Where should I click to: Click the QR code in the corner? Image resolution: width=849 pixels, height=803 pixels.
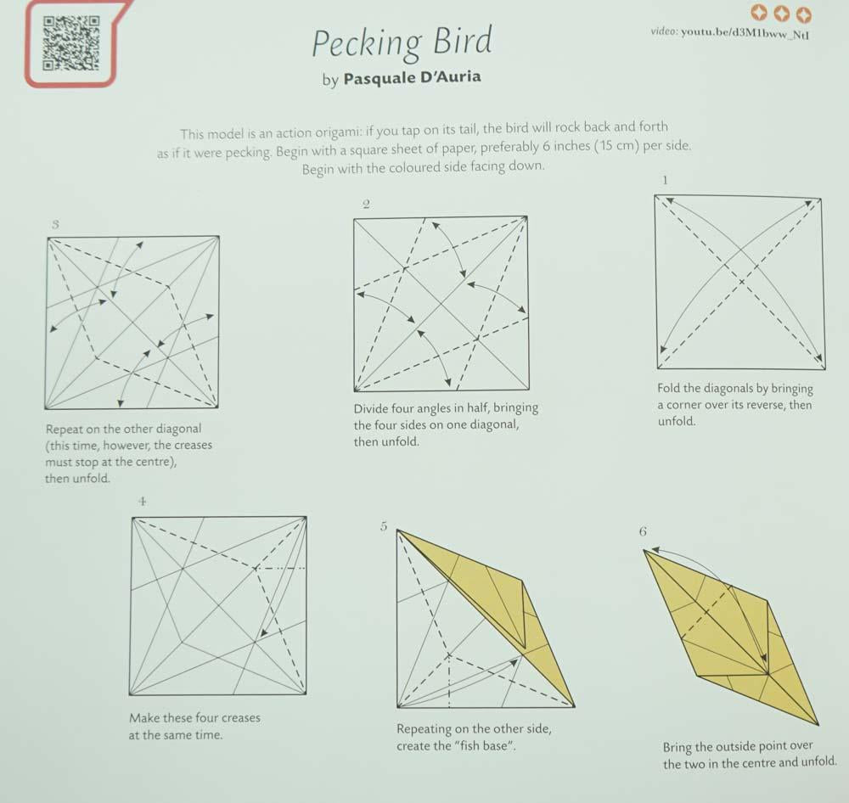point(70,43)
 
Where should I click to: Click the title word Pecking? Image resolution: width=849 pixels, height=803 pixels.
point(366,43)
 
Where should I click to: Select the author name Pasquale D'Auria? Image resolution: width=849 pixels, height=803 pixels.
point(412,78)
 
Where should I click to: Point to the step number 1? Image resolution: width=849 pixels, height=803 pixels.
point(665,179)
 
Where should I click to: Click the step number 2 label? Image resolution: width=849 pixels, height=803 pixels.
point(365,204)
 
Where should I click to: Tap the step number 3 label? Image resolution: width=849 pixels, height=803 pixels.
point(55,225)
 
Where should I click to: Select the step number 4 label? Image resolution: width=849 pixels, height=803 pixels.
point(142,502)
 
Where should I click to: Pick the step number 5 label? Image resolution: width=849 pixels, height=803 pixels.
point(384,527)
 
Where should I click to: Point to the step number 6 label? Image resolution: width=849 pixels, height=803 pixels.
point(643,531)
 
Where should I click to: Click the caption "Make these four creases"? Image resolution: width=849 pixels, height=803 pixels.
point(194,717)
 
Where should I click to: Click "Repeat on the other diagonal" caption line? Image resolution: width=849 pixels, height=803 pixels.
point(123,429)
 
